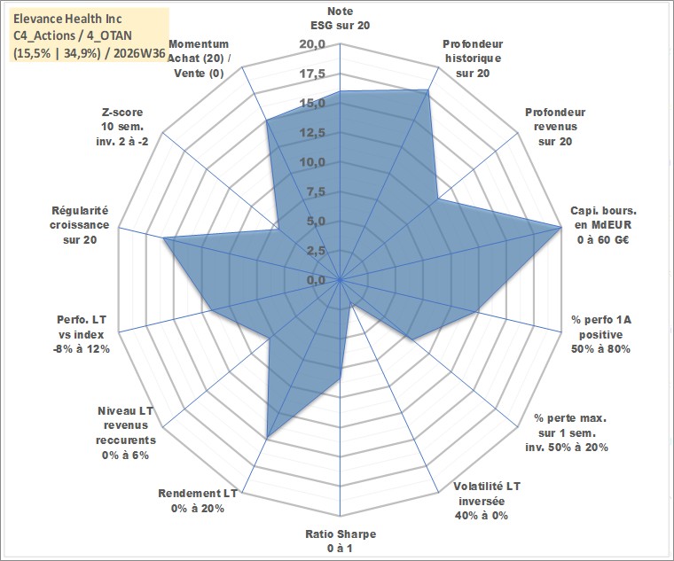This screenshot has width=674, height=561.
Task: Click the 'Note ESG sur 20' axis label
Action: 340,18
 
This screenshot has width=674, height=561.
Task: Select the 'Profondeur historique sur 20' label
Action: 473,58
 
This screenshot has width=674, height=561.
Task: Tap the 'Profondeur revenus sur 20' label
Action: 555,127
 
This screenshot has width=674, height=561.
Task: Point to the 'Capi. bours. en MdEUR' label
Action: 604,218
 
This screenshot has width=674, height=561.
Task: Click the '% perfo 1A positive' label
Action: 601,327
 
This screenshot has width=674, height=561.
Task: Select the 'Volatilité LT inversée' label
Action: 487,494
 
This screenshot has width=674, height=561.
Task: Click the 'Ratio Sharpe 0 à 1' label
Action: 341,541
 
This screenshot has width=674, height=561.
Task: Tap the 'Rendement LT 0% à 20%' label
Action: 197,501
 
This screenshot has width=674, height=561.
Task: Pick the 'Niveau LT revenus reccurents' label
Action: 126,425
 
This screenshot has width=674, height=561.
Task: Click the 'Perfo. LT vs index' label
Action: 81,327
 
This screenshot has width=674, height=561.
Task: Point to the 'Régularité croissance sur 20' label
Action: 80,225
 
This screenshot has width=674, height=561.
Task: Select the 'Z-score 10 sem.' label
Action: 122,120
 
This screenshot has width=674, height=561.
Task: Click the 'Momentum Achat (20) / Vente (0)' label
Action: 198,58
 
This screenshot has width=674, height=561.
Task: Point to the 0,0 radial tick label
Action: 316,280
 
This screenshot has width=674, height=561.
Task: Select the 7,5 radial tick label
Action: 316,192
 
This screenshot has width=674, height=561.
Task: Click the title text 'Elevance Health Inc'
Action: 67,19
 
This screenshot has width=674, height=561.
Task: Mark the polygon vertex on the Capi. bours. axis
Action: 560,226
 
